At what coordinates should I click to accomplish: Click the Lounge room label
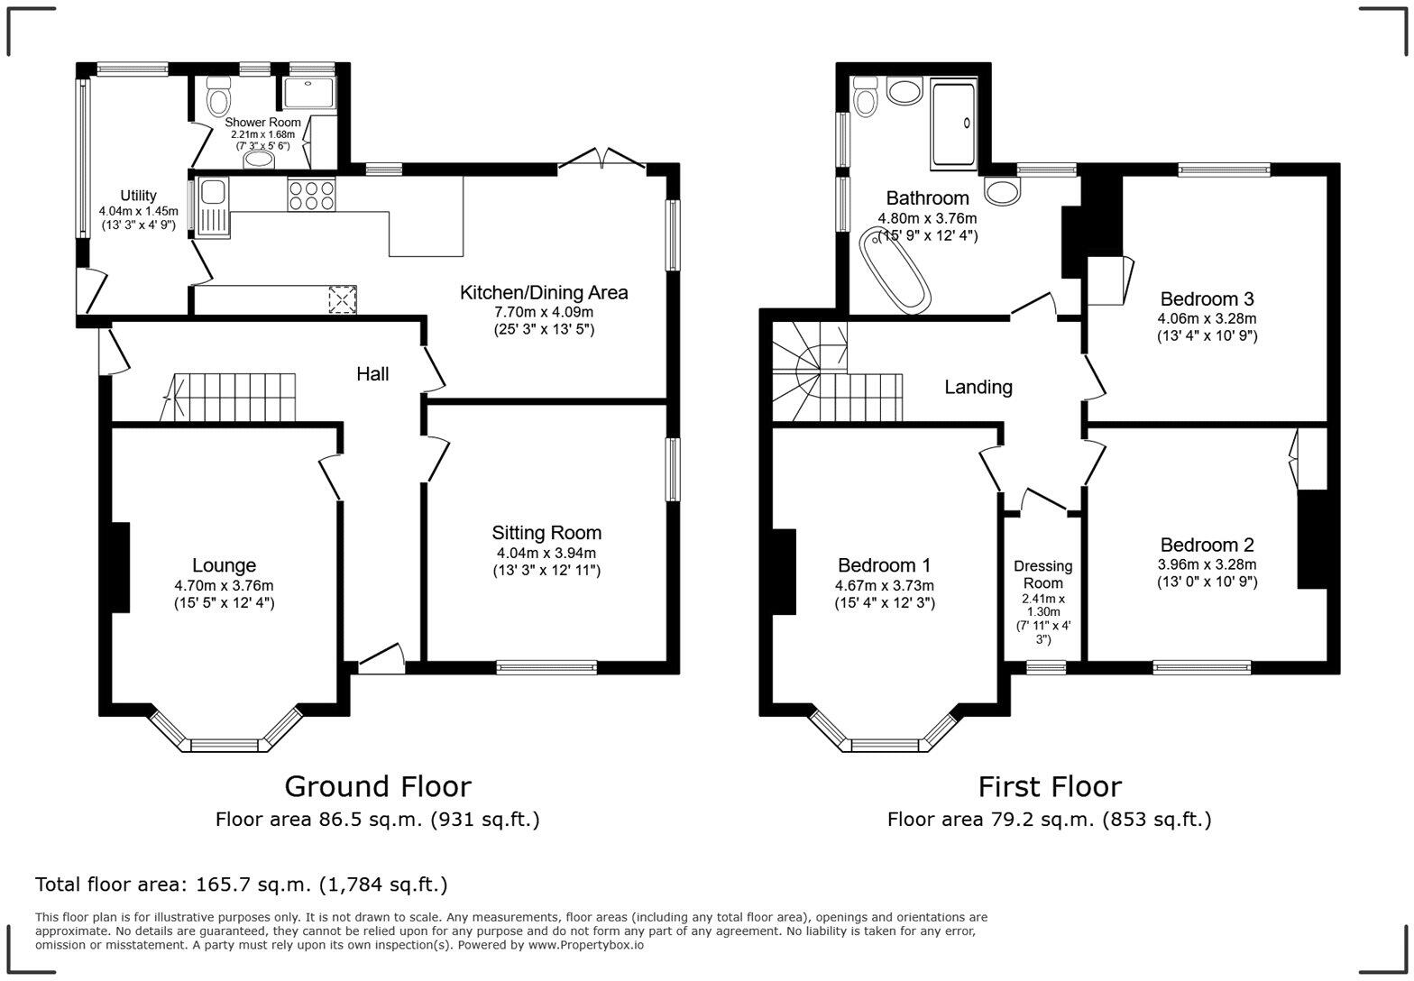click(224, 566)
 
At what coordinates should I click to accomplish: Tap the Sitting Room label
click(546, 533)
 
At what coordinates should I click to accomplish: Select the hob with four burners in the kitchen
click(311, 196)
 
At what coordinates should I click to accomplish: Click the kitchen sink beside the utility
click(214, 192)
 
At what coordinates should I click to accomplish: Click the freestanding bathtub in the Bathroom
click(894, 270)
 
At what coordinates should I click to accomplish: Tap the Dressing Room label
click(1042, 574)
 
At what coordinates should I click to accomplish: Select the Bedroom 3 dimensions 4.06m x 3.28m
click(1207, 318)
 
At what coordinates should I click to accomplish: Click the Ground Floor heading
click(377, 786)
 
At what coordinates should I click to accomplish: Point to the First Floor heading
click(1049, 786)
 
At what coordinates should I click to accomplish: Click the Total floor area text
click(241, 885)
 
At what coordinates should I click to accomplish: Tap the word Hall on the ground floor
click(372, 373)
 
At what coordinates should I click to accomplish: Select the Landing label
click(978, 387)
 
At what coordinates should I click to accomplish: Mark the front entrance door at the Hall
click(381, 661)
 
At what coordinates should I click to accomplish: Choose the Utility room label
click(138, 196)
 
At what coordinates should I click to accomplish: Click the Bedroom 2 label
click(1207, 545)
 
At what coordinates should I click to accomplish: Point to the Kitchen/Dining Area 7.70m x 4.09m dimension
click(544, 312)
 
